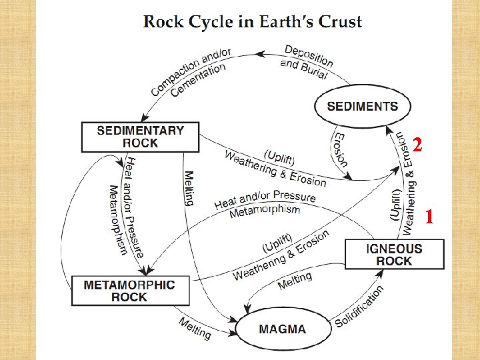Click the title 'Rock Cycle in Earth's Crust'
tap(253, 21)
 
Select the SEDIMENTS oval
tap(362, 107)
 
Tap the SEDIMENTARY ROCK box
tap(141, 137)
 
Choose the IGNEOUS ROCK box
tap(394, 255)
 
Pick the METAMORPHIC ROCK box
tap(129, 291)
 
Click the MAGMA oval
tap(283, 329)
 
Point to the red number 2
tap(417, 145)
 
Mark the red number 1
tap(430, 216)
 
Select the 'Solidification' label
tap(360, 307)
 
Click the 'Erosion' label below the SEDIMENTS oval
tap(340, 148)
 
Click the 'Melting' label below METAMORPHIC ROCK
tap(195, 327)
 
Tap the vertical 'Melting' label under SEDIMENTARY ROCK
tap(189, 189)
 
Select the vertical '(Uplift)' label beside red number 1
tap(395, 204)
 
